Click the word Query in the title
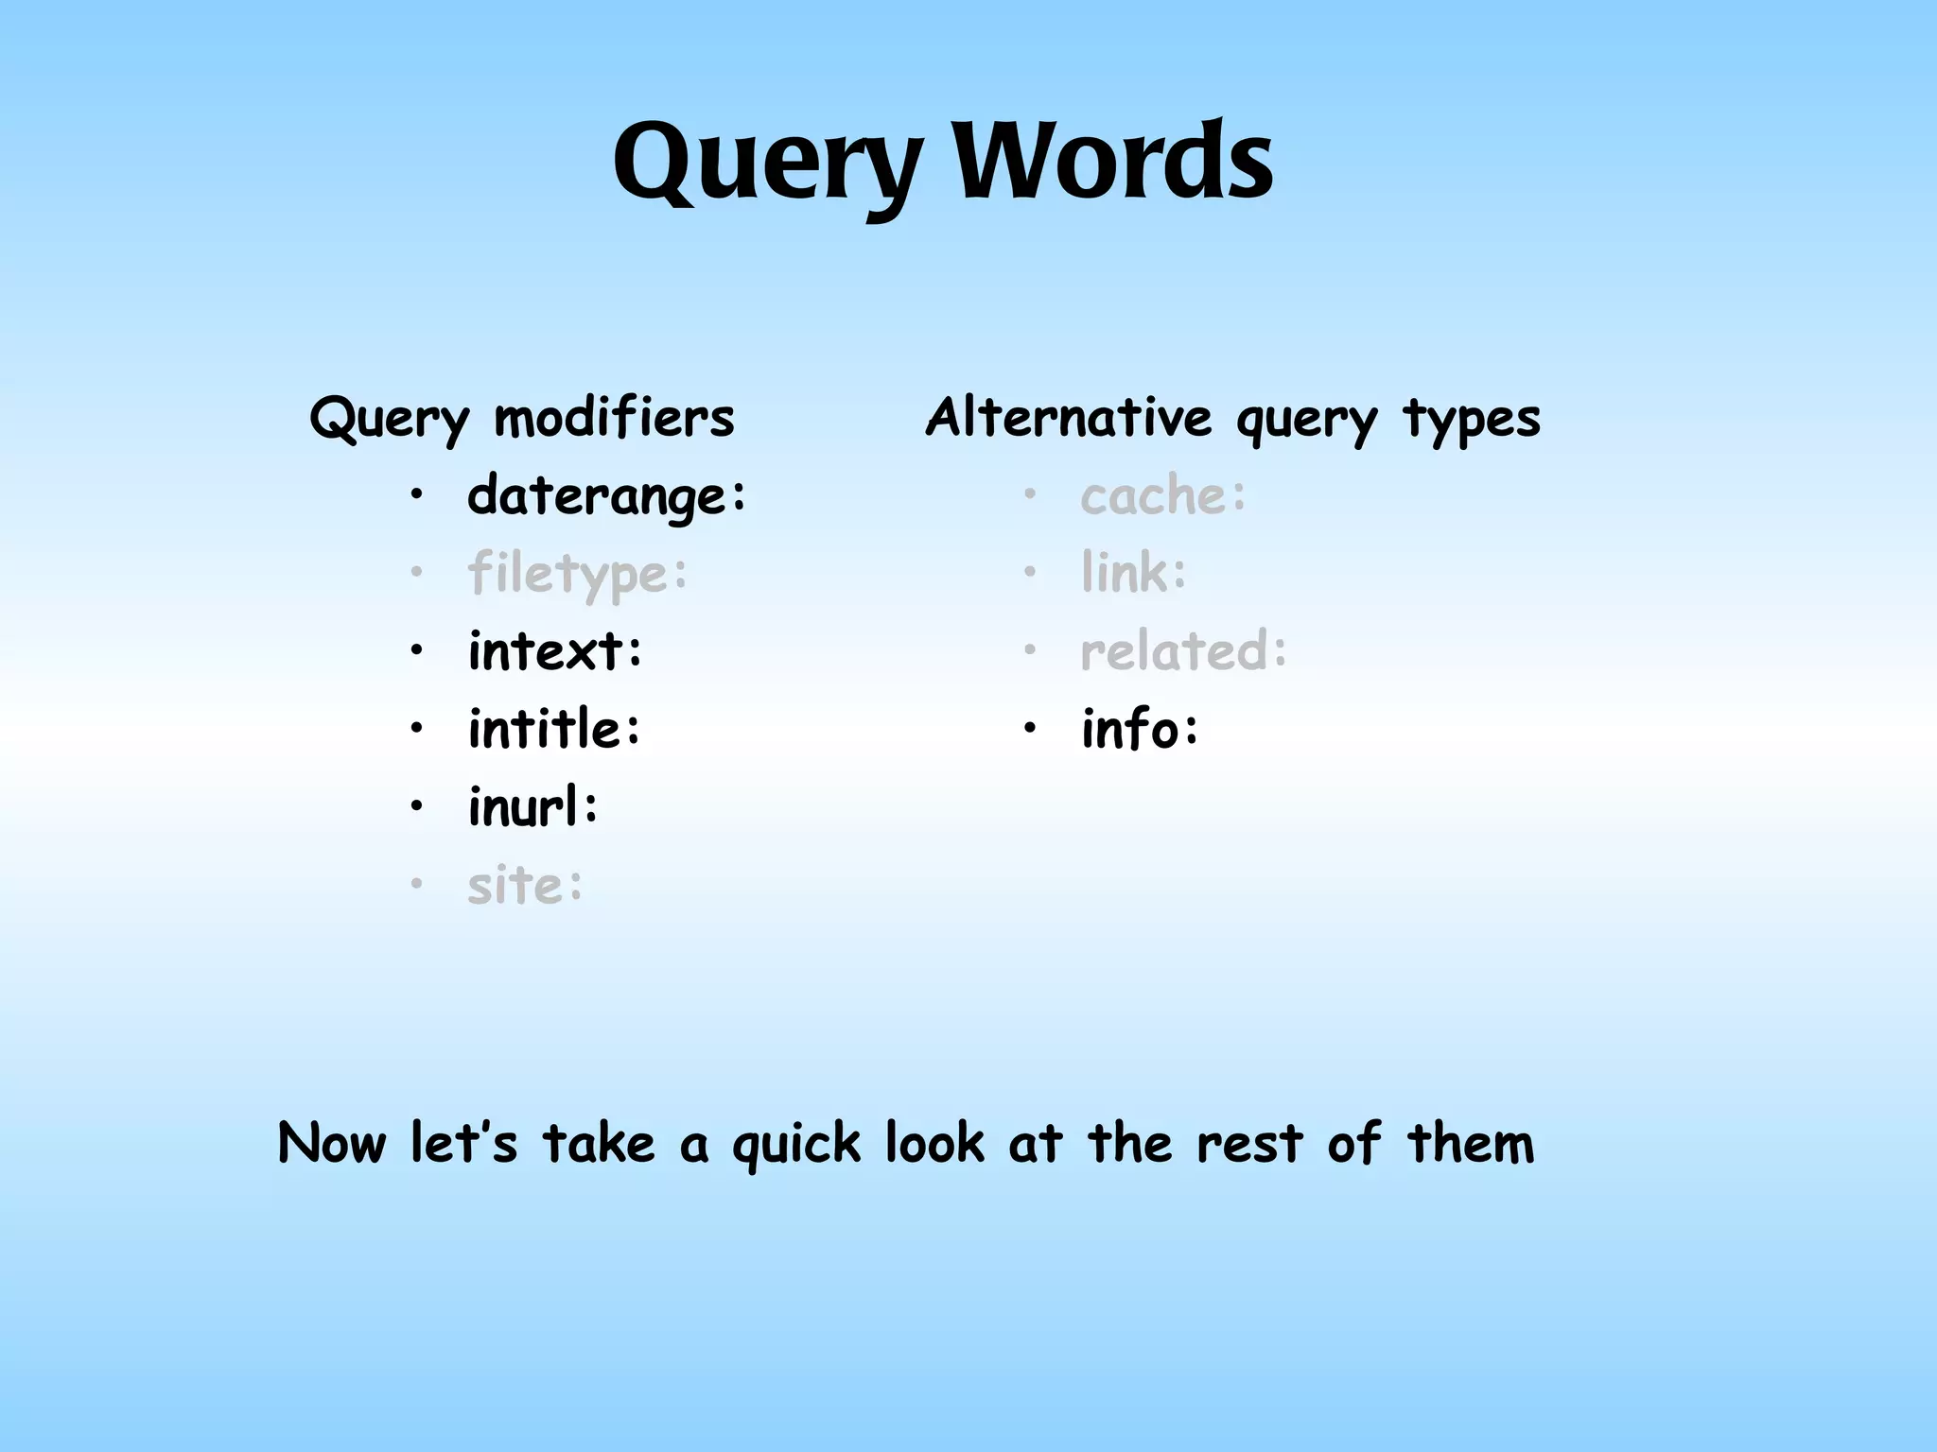[x=766, y=163]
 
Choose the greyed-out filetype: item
[x=578, y=574]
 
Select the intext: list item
[x=555, y=651]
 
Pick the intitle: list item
[x=555, y=729]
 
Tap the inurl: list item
[x=533, y=807]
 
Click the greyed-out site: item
[x=526, y=886]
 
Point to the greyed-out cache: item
[x=1163, y=495]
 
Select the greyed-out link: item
[x=1134, y=573]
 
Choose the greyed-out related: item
[x=1184, y=651]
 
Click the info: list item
[x=1141, y=729]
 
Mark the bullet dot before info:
[x=1030, y=729]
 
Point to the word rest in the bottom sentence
[x=1248, y=1143]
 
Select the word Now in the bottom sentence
[x=332, y=1143]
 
